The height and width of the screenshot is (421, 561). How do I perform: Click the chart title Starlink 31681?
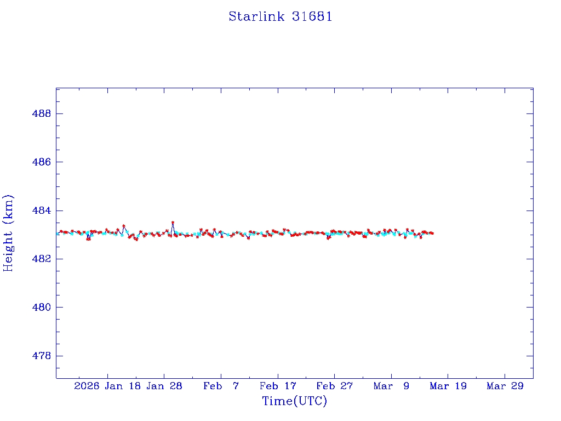point(280,16)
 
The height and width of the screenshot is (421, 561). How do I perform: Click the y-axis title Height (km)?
point(8,233)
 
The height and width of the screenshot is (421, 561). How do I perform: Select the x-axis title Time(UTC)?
point(294,401)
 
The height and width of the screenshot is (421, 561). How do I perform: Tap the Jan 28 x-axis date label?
point(164,386)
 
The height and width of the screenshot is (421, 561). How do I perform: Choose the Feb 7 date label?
point(221,386)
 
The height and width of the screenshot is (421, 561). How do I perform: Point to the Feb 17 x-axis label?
point(278,386)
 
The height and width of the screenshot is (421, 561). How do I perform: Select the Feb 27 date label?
point(334,386)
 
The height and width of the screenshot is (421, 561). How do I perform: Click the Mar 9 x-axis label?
point(391,386)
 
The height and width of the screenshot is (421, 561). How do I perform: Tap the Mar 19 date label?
point(448,386)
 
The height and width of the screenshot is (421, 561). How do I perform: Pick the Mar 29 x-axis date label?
point(505,386)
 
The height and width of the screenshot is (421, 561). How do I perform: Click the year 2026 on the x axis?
point(87,386)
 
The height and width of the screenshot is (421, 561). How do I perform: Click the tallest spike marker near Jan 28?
point(173,223)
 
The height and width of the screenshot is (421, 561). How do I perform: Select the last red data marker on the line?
point(432,234)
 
